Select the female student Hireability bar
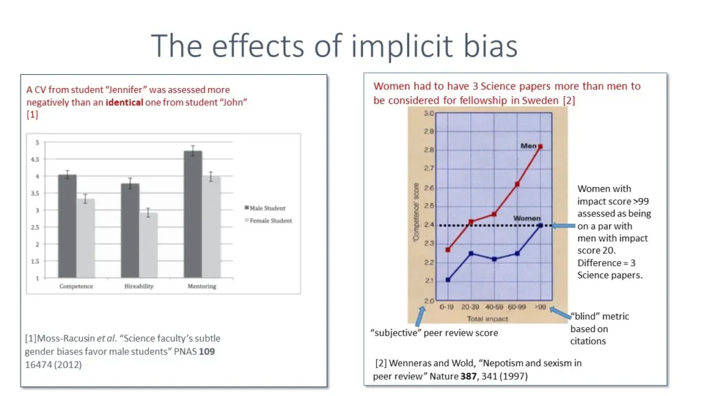(148, 245)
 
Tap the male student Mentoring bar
(193, 214)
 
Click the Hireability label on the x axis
(139, 286)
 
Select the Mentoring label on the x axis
(202, 286)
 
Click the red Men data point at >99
(540, 147)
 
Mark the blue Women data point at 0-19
(448, 280)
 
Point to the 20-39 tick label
(471, 308)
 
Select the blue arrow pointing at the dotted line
(563, 226)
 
